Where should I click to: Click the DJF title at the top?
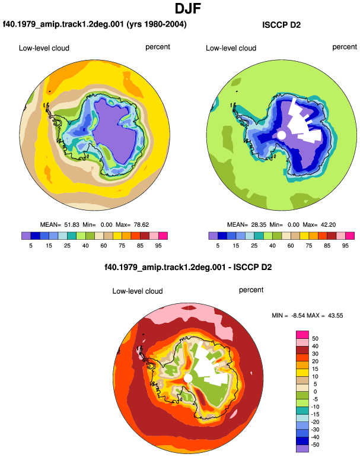[x=188, y=9]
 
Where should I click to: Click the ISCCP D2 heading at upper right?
[x=281, y=25]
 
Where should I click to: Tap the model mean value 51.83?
[x=72, y=225]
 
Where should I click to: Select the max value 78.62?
[x=141, y=225]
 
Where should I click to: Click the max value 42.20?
[x=328, y=225]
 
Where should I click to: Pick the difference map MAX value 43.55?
[x=335, y=315]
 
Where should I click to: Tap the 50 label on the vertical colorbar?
[x=315, y=338]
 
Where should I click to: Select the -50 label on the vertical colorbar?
[x=314, y=445]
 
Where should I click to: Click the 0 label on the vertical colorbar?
[x=315, y=392]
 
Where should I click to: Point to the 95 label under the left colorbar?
[x=158, y=245]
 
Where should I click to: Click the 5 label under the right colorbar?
[x=218, y=245]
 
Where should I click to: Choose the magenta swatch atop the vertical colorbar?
[x=302, y=334]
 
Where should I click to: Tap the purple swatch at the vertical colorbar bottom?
[x=302, y=449]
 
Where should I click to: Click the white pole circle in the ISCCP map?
[x=281, y=135]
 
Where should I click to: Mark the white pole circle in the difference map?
[x=188, y=378]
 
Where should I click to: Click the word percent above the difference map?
[x=251, y=290]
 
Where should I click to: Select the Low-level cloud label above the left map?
[x=44, y=48]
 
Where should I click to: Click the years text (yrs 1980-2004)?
[x=157, y=24]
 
